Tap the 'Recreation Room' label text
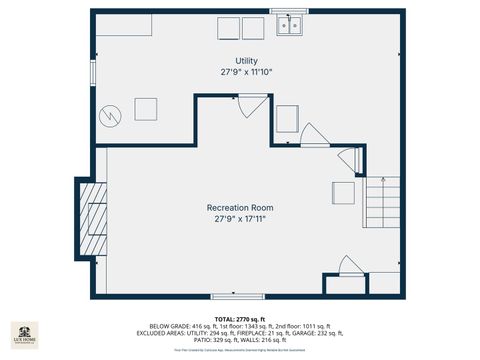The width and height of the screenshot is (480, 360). [x=240, y=207]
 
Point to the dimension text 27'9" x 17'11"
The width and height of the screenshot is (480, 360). [x=240, y=218]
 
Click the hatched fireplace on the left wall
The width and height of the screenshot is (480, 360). [x=93, y=219]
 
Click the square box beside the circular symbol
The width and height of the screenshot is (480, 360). [x=146, y=109]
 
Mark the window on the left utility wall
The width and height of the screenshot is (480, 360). [x=93, y=71]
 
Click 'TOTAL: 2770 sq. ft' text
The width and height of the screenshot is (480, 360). [x=240, y=318]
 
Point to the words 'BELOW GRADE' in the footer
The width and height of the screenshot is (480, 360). [x=168, y=326]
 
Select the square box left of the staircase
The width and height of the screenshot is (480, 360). [x=342, y=192]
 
